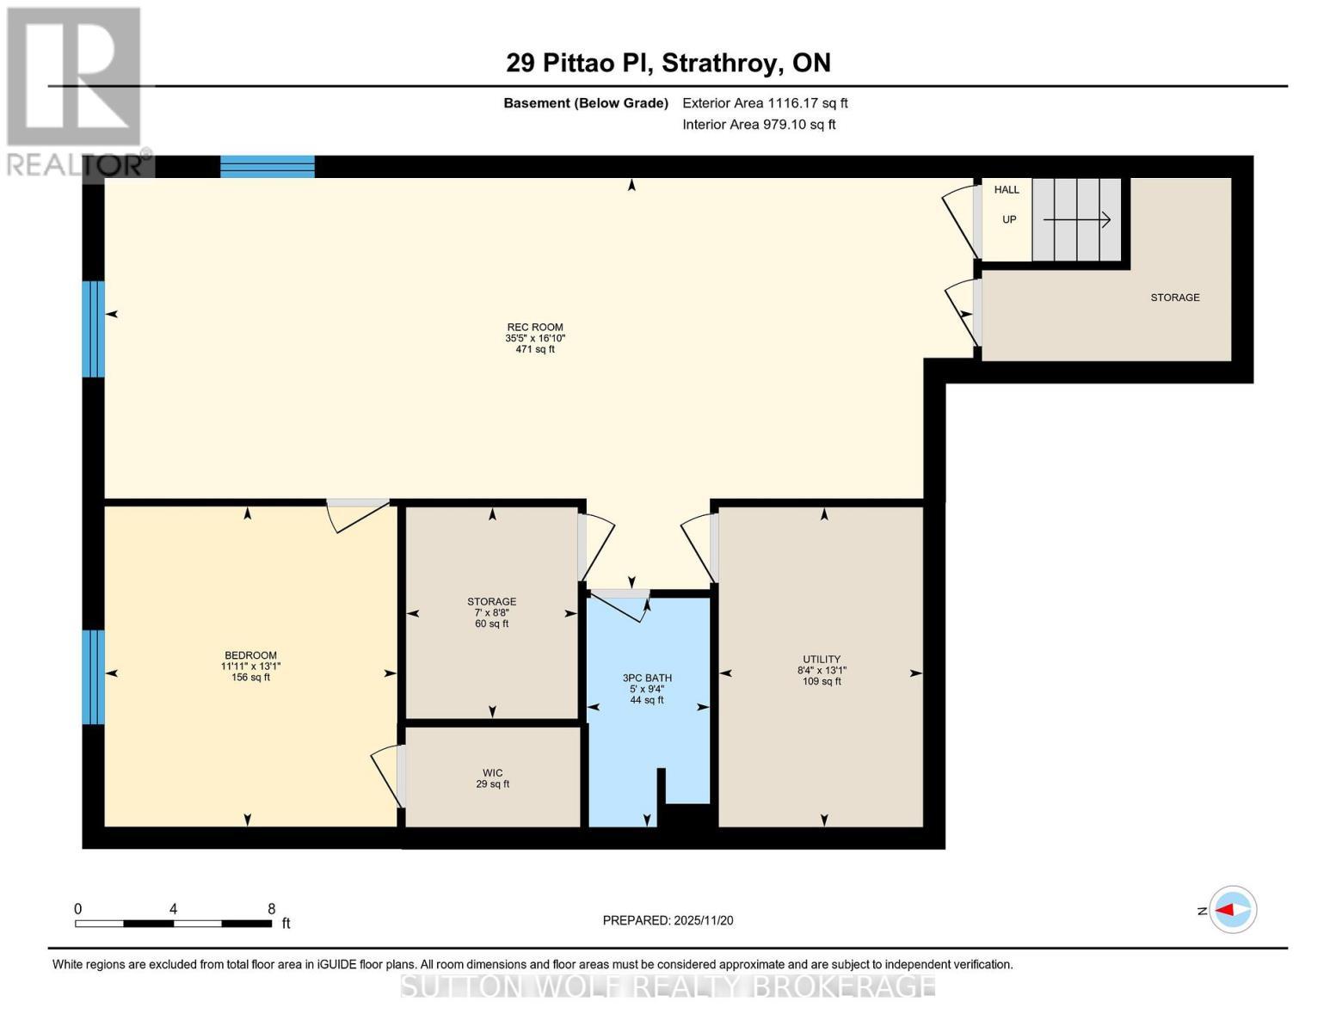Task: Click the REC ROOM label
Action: (x=534, y=328)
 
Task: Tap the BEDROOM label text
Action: (x=250, y=655)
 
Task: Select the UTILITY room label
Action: (x=822, y=660)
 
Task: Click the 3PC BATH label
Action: (x=647, y=679)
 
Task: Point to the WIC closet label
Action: (x=492, y=773)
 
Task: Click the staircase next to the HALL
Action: (x=1076, y=220)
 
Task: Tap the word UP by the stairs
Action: (x=1009, y=219)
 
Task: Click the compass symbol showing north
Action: (x=1232, y=909)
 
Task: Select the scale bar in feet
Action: (x=173, y=924)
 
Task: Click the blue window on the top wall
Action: (x=267, y=167)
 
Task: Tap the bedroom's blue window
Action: (x=93, y=677)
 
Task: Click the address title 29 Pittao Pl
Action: (x=668, y=63)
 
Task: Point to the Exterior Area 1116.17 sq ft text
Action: (x=765, y=103)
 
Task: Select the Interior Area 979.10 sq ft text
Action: (x=759, y=125)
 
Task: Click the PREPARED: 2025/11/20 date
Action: (x=668, y=920)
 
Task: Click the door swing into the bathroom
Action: (x=621, y=604)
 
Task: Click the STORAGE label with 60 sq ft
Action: (x=491, y=612)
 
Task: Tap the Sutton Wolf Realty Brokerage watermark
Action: (x=668, y=986)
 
